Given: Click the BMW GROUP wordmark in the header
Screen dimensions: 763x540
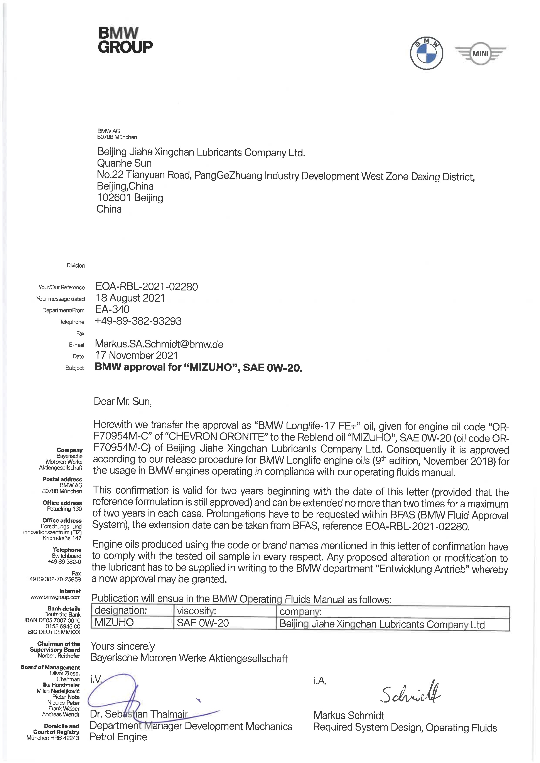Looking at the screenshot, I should (x=125, y=40).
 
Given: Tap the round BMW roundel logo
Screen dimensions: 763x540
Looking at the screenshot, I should (x=426, y=53).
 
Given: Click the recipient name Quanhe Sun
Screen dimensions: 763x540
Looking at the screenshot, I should (x=124, y=163).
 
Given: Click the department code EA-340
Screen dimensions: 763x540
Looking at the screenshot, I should (x=112, y=309).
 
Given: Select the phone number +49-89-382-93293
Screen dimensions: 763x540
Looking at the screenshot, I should (x=138, y=321).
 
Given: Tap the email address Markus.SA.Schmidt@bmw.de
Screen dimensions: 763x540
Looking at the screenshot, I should (x=159, y=344).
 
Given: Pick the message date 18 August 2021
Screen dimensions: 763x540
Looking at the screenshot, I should (x=130, y=298).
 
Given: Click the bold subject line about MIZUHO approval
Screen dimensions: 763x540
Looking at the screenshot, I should (x=199, y=367).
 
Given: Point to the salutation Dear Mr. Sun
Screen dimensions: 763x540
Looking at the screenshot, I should (x=123, y=401).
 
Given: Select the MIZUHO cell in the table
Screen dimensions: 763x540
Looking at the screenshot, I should (x=114, y=622).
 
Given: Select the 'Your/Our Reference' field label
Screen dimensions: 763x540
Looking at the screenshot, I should (x=62, y=287).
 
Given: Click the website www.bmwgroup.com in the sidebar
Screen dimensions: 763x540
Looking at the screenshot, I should (x=56, y=597).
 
